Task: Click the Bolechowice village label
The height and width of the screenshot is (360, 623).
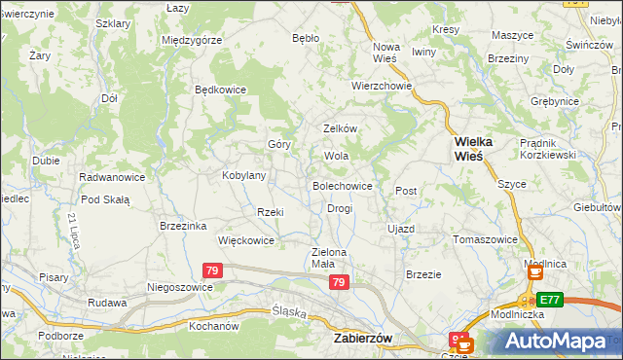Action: [341, 185]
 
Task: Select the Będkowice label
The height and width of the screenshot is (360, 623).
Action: [221, 90]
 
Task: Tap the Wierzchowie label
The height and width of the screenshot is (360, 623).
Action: [383, 86]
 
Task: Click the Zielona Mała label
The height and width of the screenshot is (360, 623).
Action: [329, 258]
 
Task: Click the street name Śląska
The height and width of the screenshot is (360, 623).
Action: [288, 313]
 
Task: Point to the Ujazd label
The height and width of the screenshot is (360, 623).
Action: [401, 229]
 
